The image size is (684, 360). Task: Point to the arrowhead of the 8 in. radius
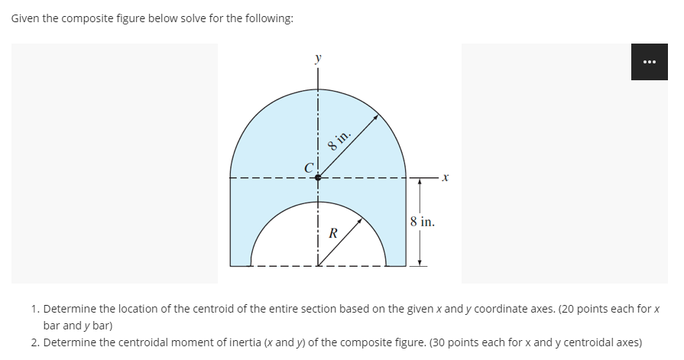click(x=376, y=117)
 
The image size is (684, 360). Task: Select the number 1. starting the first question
click(x=36, y=309)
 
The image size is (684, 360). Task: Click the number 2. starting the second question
click(x=36, y=341)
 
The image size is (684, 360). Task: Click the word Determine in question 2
click(x=68, y=341)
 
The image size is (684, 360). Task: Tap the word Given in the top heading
click(x=25, y=18)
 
